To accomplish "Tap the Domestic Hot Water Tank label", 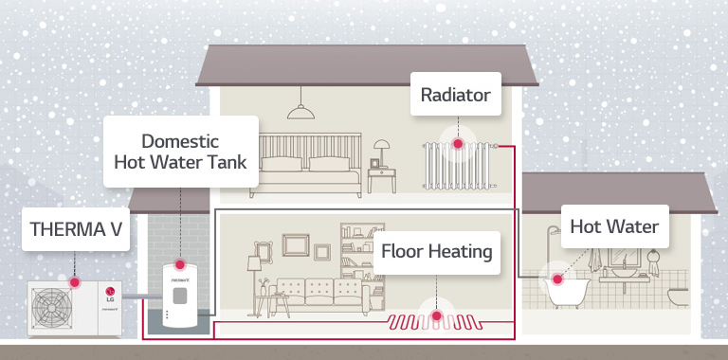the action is tap(180, 151).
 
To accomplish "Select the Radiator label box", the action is tap(456, 95).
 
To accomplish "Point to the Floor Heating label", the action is tap(436, 251).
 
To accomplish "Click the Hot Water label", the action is tap(613, 227).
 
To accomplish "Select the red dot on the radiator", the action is tap(458, 144).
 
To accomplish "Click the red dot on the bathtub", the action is tap(557, 279).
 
